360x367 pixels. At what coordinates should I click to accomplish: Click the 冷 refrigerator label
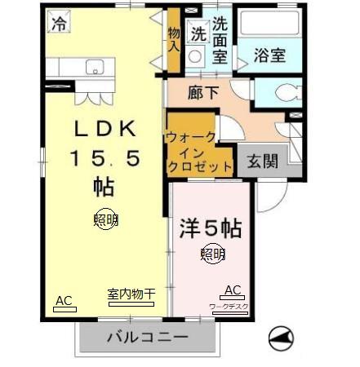[59, 24]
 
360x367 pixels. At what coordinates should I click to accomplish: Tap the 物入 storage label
[174, 38]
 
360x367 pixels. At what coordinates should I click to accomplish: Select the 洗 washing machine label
[198, 33]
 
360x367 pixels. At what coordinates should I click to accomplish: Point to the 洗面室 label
[220, 40]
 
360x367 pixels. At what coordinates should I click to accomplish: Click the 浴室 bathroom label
[269, 55]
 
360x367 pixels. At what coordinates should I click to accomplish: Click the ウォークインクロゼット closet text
[199, 151]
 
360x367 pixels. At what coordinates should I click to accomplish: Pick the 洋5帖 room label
[211, 227]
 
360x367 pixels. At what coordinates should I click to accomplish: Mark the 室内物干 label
[131, 294]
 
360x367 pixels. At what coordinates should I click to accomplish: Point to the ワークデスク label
[229, 307]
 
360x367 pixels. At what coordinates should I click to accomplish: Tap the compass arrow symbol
[280, 337]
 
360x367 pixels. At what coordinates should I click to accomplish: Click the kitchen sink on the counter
[95, 67]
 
